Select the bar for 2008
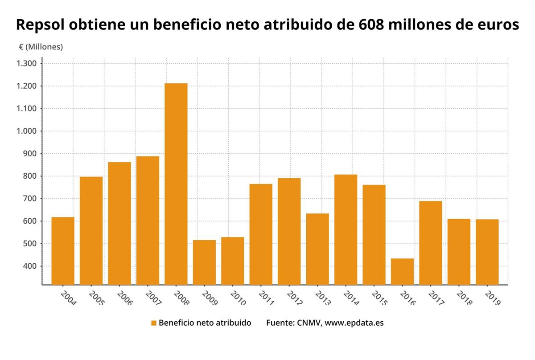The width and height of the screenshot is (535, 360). point(176,184)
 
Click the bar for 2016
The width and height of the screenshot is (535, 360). point(402,271)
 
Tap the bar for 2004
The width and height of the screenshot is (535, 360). point(63,250)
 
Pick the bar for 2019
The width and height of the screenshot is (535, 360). point(487,252)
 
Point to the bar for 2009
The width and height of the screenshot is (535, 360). point(204,262)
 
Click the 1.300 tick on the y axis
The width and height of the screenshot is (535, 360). point(28,64)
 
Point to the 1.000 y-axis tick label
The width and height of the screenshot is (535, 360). point(28,131)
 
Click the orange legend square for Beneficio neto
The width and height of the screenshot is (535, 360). point(154,323)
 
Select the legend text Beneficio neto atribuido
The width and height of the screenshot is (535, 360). point(205,323)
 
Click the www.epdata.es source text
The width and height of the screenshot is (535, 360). point(354,323)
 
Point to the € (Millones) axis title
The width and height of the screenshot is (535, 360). point(41,47)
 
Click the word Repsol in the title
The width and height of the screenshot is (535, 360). point(40,25)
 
